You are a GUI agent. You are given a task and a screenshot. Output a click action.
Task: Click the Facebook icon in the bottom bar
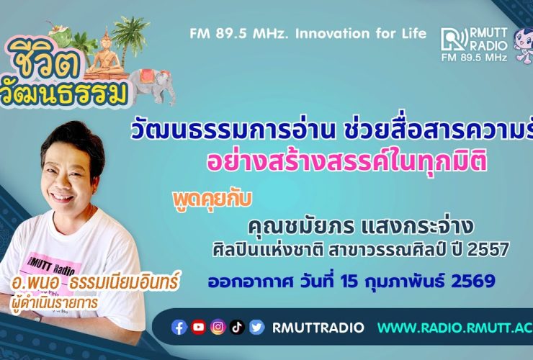click(x=180, y=328)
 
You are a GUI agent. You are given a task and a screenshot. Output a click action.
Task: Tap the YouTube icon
click(x=199, y=328)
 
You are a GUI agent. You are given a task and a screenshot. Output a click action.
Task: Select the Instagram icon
click(x=218, y=328)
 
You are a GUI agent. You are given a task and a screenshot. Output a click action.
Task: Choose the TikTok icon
click(x=238, y=328)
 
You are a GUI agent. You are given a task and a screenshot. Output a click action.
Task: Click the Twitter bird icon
click(x=257, y=328)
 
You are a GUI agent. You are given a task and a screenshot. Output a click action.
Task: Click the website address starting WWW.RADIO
click(x=454, y=328)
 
